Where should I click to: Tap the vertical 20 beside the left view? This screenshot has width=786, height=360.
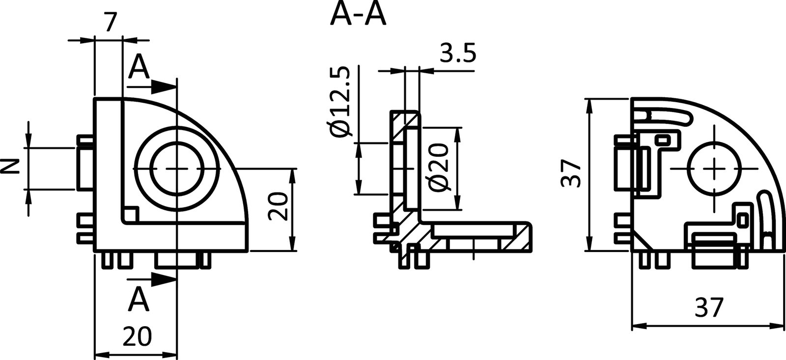[279, 207]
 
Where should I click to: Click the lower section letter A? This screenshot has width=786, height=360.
[139, 300]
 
